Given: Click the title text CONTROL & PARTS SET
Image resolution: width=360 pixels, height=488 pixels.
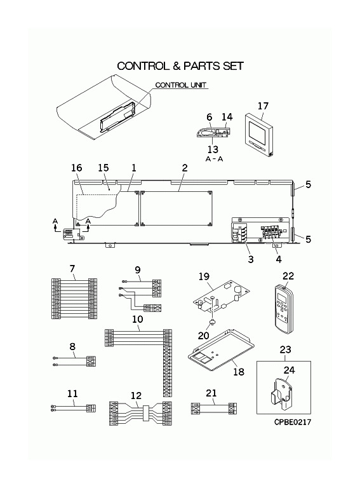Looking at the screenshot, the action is click(x=180, y=66).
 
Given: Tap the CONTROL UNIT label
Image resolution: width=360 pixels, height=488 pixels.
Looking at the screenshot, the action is click(x=180, y=85).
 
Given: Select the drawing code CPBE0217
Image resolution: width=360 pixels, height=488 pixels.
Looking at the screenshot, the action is click(x=293, y=422).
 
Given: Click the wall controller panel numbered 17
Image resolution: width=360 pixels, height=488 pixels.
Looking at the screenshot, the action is click(x=259, y=135).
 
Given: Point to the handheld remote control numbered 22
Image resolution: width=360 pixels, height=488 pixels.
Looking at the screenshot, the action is click(x=284, y=309).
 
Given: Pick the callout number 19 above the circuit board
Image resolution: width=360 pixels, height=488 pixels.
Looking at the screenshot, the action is click(x=204, y=276).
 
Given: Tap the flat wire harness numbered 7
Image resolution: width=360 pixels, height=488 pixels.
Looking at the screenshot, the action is click(x=74, y=299).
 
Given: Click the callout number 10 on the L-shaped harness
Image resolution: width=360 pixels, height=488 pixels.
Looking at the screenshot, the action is click(x=137, y=319).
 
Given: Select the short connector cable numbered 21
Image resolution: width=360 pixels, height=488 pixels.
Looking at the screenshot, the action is click(x=214, y=409).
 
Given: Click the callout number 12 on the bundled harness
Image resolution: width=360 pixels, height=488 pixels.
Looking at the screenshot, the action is click(x=136, y=396).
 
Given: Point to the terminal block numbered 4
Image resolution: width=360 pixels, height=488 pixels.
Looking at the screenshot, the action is click(x=271, y=233).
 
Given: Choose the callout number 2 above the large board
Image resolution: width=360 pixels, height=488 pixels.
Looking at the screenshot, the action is click(x=185, y=168).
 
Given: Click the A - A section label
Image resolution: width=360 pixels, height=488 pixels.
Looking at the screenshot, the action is click(x=215, y=159).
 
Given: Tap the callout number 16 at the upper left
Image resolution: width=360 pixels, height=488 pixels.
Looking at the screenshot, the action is click(x=76, y=168).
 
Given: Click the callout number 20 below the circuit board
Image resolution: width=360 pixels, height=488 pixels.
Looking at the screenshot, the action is click(x=203, y=335).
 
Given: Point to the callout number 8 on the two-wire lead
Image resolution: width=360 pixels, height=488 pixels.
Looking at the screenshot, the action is click(x=72, y=346).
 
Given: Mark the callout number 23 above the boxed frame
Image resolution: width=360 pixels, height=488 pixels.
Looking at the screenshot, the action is click(x=285, y=349).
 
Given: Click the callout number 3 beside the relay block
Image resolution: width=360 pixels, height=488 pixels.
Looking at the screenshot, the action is click(x=251, y=259).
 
